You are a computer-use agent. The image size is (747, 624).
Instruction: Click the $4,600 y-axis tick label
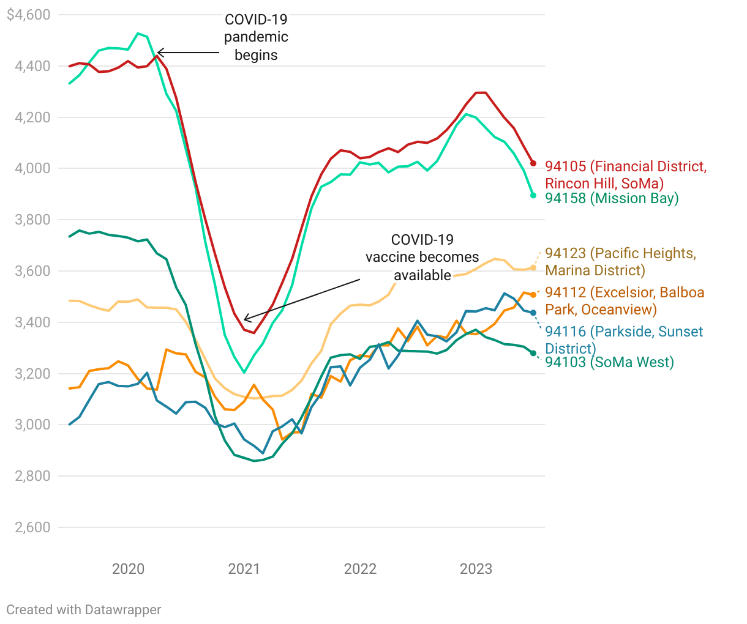(x=28, y=15)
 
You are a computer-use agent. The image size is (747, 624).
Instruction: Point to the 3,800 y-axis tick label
(x=32, y=220)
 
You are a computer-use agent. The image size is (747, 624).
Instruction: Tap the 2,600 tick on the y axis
(x=32, y=527)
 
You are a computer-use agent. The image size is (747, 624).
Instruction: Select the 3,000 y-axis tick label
(x=32, y=425)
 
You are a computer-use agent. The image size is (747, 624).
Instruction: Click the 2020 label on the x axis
(x=128, y=569)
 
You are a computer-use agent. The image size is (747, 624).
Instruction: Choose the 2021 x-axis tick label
(x=244, y=569)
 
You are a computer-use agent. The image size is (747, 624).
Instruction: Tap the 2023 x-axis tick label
(x=476, y=569)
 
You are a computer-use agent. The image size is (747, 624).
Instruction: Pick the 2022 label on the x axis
(x=360, y=569)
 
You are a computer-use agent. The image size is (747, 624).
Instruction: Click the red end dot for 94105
(x=533, y=163)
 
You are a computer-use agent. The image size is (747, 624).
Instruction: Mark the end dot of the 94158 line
(x=533, y=195)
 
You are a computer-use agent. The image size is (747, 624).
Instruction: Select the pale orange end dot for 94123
(x=533, y=268)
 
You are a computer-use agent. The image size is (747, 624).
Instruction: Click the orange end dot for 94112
(x=533, y=295)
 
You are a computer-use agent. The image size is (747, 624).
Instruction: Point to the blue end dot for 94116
(x=533, y=313)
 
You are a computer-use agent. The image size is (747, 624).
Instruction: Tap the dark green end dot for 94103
(x=533, y=353)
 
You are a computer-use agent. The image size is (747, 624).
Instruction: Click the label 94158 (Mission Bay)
(x=612, y=198)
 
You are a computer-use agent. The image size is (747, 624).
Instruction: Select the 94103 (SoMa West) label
(x=609, y=362)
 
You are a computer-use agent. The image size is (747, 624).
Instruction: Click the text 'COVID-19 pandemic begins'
(x=256, y=37)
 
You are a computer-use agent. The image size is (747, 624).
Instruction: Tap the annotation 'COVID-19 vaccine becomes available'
(x=422, y=258)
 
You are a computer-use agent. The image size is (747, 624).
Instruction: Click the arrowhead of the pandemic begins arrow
(x=159, y=53)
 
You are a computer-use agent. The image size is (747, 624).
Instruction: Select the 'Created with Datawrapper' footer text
(x=84, y=609)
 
